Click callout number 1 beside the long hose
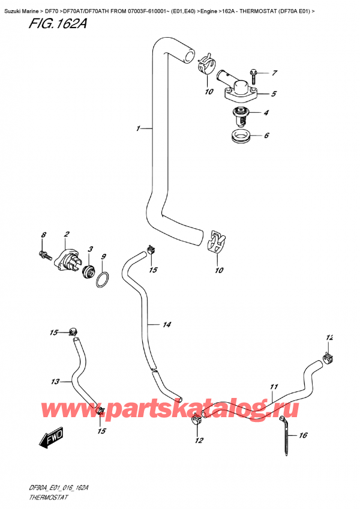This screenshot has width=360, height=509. (x=139, y=128)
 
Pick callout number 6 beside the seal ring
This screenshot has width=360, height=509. (x=266, y=136)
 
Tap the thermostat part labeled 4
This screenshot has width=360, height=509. (x=243, y=113)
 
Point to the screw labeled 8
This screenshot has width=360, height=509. (x=44, y=254)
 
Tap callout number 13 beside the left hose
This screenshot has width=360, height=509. (x=55, y=381)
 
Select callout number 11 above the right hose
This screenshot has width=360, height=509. (x=274, y=387)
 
